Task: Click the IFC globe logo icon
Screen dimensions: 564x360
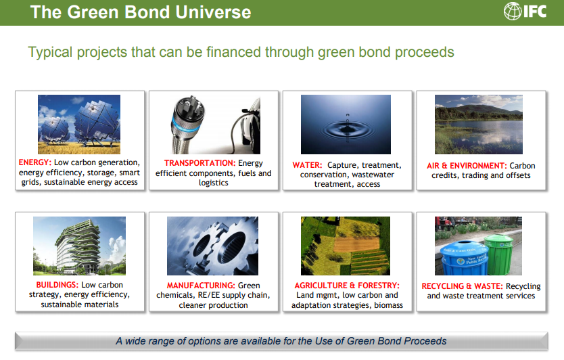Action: (x=513, y=11)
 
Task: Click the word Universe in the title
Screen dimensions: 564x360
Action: (x=213, y=12)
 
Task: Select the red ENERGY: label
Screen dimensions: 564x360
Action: (x=35, y=162)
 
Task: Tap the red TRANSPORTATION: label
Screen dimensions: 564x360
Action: (x=200, y=163)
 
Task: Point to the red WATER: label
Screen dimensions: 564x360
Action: (x=307, y=165)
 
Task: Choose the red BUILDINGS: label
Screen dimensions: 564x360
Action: (x=57, y=285)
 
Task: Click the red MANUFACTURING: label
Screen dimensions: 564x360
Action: (x=201, y=286)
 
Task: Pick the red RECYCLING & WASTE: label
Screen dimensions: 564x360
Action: (x=462, y=286)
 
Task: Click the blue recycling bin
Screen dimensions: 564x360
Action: (x=465, y=257)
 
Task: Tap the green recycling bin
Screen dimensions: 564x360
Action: (x=499, y=254)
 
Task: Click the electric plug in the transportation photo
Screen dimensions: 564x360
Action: (x=187, y=125)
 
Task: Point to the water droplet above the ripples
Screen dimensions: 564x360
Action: (x=348, y=115)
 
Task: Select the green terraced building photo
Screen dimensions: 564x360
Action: (x=80, y=246)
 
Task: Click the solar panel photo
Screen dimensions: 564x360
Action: (x=79, y=125)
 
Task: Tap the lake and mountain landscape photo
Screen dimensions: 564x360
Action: (x=479, y=125)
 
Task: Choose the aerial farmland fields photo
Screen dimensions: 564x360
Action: (x=346, y=246)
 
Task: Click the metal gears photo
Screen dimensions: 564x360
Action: (x=212, y=246)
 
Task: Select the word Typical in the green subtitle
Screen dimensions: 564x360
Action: (x=50, y=53)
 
